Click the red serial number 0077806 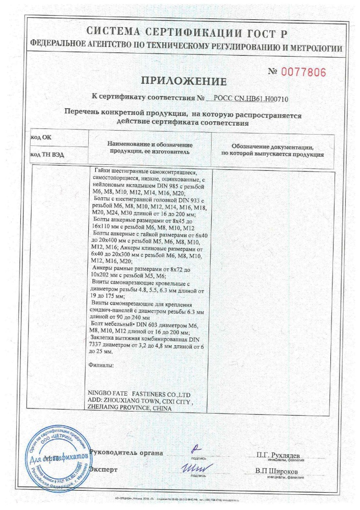tap(296, 72)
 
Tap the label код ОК tap(41, 138)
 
